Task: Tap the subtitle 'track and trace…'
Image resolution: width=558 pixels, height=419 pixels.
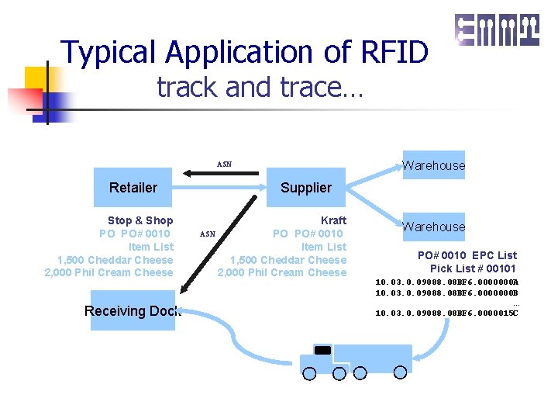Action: (260, 87)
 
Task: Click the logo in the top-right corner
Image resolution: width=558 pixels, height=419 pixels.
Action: (496, 30)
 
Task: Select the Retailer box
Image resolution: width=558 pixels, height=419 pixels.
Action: (133, 187)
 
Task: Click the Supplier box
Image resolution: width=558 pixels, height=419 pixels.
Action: (305, 187)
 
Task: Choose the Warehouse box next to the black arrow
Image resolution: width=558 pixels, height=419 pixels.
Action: (433, 164)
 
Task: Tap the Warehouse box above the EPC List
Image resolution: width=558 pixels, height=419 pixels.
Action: (433, 227)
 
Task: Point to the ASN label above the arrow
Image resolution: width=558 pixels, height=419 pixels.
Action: (224, 164)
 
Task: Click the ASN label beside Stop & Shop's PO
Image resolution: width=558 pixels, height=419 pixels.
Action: (208, 234)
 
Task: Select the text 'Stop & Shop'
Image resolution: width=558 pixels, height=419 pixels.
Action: (139, 220)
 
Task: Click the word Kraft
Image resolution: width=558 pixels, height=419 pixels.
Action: (333, 220)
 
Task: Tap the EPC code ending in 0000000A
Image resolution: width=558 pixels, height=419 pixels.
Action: (446, 282)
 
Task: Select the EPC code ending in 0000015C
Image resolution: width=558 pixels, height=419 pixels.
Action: (446, 313)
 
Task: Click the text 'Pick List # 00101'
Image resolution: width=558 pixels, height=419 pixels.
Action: (473, 268)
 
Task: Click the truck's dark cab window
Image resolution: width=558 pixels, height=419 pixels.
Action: (322, 350)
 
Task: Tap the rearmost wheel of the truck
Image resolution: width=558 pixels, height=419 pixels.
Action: (400, 372)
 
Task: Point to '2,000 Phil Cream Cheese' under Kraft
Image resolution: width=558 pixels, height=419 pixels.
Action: (281, 272)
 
